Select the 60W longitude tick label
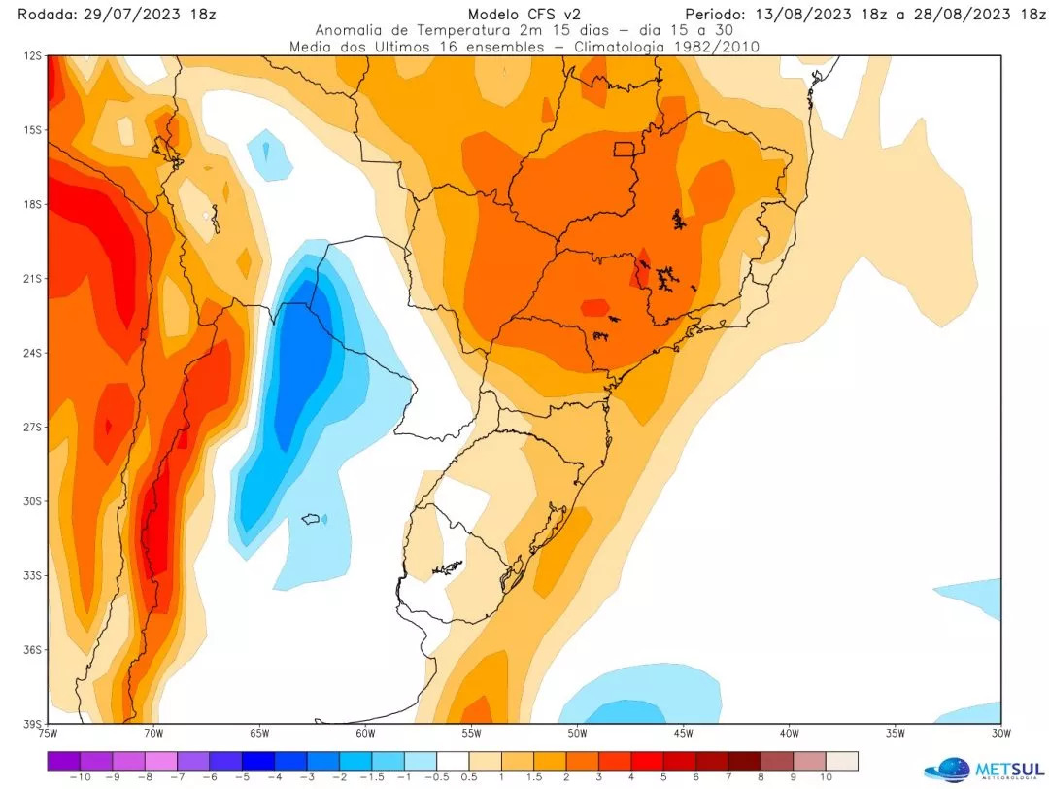pyautogui.click(x=365, y=733)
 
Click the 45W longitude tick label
pyautogui.click(x=683, y=733)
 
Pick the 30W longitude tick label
pyautogui.click(x=1001, y=733)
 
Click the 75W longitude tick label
pyautogui.click(x=48, y=733)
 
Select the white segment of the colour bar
pyautogui.click(x=452, y=760)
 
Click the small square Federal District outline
pyautogui.click(x=624, y=149)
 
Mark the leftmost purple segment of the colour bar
pyautogui.click(x=63, y=760)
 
